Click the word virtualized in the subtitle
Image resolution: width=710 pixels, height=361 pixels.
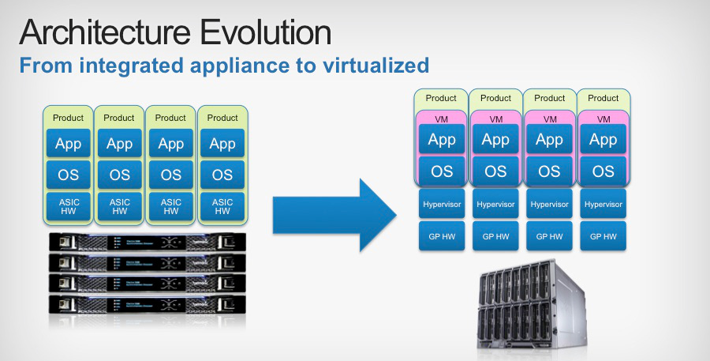tap(370, 65)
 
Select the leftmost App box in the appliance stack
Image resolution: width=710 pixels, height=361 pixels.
tap(68, 144)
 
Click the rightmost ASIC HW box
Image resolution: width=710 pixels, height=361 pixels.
tap(222, 206)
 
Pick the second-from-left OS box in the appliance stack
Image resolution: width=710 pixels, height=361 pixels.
tap(119, 175)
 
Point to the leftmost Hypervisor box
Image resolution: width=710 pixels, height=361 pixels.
tap(441, 205)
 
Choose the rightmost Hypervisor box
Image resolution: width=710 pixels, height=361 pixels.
tap(603, 205)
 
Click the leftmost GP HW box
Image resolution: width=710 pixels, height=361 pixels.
tap(441, 236)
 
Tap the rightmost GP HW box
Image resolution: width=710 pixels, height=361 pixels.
tap(603, 236)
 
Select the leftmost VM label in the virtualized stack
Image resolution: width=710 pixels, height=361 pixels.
tap(441, 119)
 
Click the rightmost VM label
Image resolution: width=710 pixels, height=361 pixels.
tap(603, 119)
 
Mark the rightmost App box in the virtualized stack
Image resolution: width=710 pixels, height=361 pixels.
tap(603, 140)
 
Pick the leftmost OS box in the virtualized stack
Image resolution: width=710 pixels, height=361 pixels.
tap(441, 171)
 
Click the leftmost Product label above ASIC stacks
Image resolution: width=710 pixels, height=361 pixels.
tap(68, 118)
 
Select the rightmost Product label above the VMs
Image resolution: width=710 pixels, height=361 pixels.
tap(603, 98)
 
